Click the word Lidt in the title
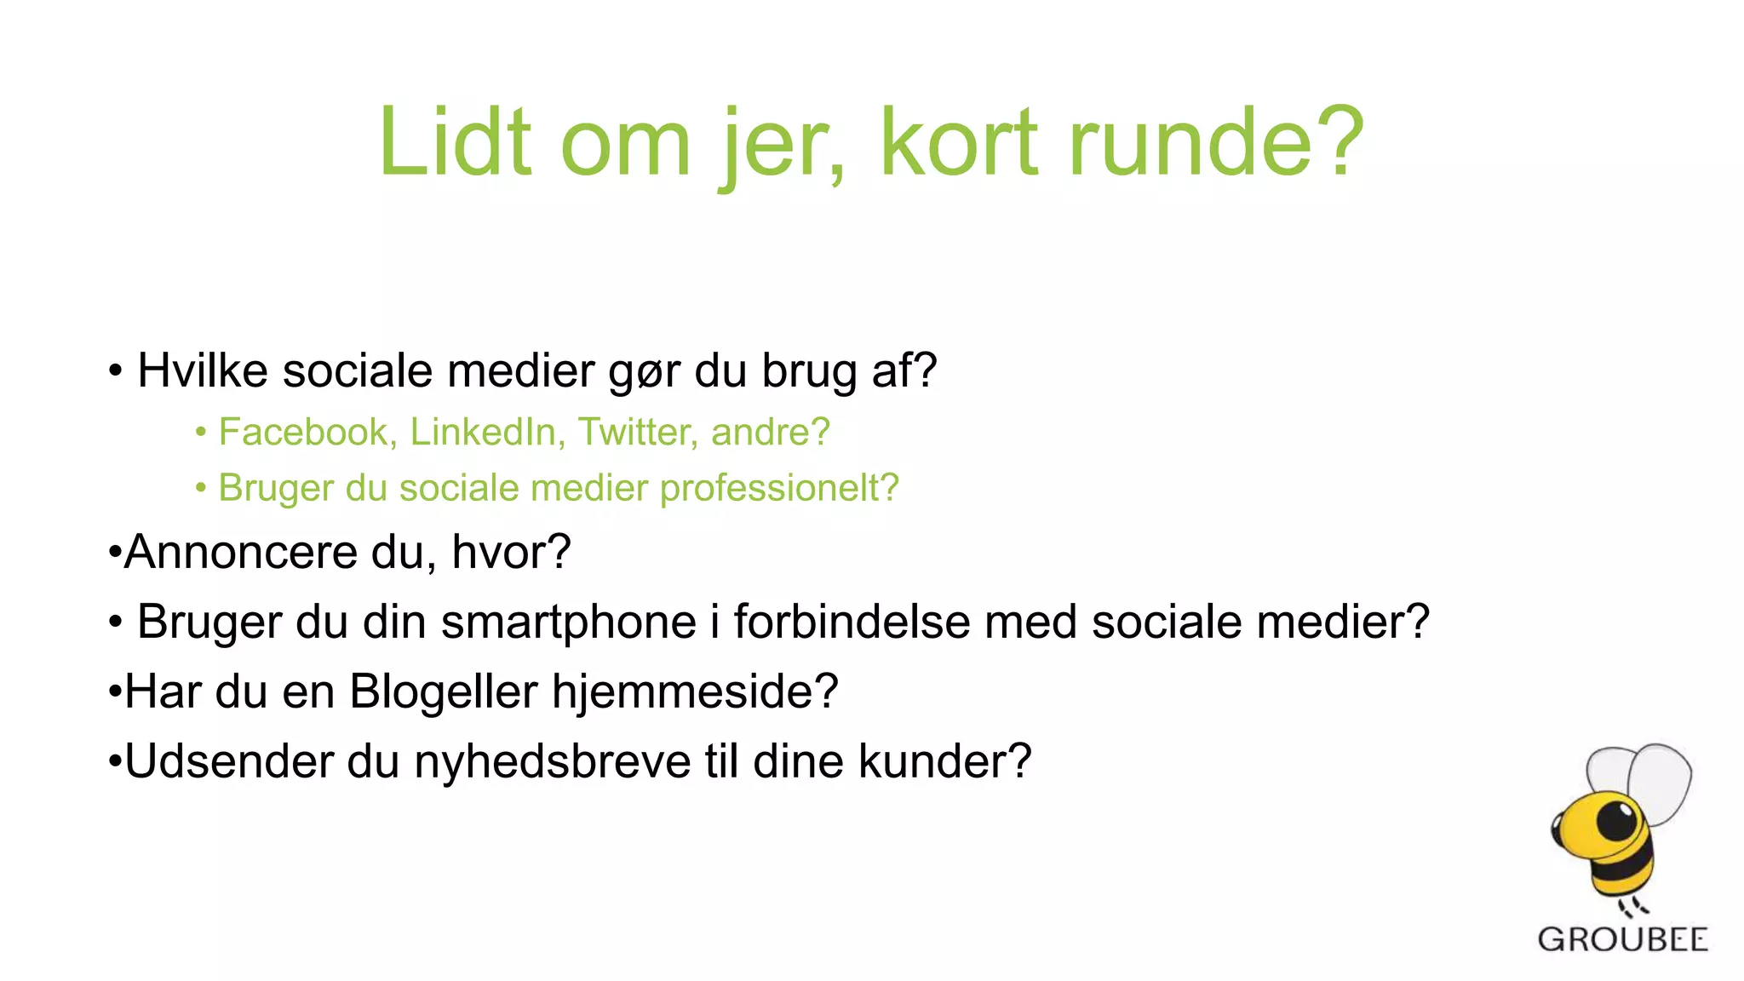[456, 142]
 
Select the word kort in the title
[960, 142]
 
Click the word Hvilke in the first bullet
[203, 371]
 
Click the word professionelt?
[779, 489]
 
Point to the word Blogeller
[444, 691]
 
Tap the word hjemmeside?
[695, 691]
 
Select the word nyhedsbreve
[553, 761]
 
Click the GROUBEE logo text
[1622, 940]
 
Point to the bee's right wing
[1660, 779]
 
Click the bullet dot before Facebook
[201, 433]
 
